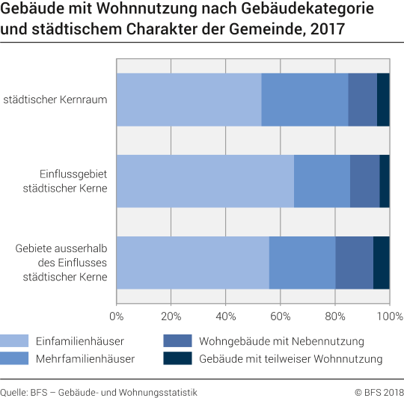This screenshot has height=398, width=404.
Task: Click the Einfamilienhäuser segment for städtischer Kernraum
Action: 189,99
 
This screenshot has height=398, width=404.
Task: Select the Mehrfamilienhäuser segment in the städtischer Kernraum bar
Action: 304,99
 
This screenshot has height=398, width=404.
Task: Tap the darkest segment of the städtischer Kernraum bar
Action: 383,99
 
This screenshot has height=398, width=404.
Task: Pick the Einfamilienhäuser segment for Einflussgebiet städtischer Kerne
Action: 205,181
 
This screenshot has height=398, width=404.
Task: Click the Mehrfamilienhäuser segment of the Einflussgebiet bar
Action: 322,181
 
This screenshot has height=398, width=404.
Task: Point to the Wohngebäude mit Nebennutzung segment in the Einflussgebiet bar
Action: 364,181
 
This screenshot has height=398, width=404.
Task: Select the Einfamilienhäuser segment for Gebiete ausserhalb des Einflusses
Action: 193,263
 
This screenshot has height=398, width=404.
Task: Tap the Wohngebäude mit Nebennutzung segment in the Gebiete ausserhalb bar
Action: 354,263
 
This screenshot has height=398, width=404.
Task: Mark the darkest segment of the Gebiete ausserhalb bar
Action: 381,263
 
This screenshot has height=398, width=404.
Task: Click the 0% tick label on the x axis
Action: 117,315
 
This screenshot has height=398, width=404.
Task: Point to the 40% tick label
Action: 226,315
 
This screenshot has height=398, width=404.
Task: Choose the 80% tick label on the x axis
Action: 335,315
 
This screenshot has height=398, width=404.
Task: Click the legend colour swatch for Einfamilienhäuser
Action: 14,341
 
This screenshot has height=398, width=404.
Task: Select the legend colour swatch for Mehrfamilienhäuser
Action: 14,358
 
